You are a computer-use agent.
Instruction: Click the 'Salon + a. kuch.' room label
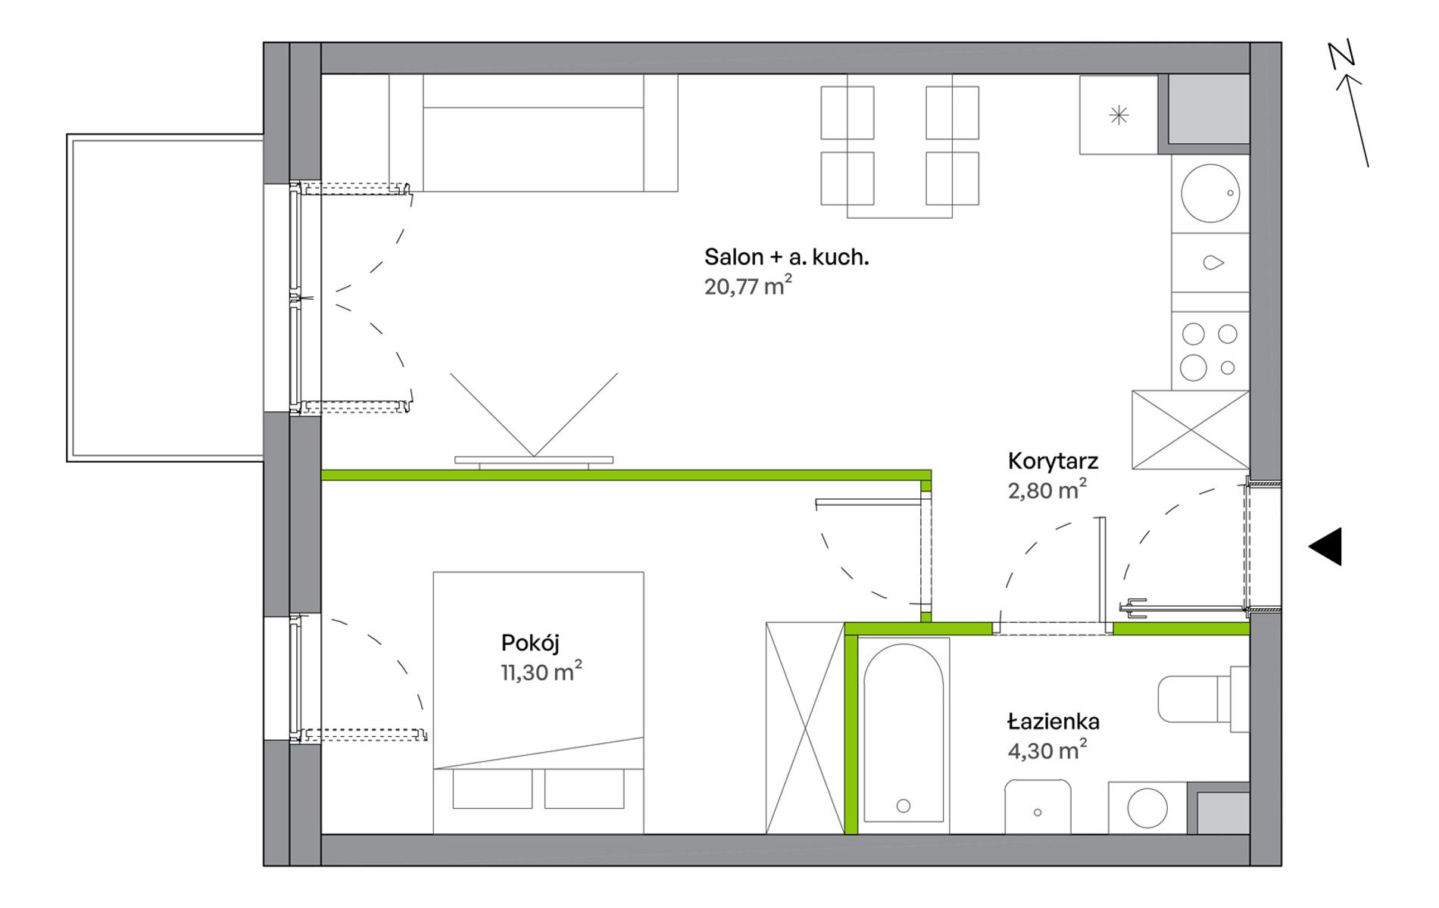pos(786,257)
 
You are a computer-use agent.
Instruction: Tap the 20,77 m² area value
pos(748,286)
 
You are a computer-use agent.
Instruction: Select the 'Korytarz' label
pos(1053,461)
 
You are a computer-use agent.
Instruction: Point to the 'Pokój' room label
pos(530,644)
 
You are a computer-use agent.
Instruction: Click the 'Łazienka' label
pos(1053,722)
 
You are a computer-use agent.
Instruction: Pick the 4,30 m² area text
pos(1047,750)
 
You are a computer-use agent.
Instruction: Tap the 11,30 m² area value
pos(542,671)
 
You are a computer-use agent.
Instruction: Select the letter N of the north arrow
pos(1341,55)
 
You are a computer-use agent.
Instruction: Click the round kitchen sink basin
pos(1210,193)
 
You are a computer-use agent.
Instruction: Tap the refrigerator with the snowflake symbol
pos(1119,114)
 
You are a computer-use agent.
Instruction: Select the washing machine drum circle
pos(1147,807)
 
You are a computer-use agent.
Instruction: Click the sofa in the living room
pos(533,133)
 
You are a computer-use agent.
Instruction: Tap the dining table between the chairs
pos(900,146)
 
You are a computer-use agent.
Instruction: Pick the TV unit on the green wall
pos(534,460)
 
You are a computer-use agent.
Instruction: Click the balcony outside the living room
pos(165,298)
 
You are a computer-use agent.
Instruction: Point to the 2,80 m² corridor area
pos(1047,489)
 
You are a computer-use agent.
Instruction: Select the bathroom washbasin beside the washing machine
pos(1038,807)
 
